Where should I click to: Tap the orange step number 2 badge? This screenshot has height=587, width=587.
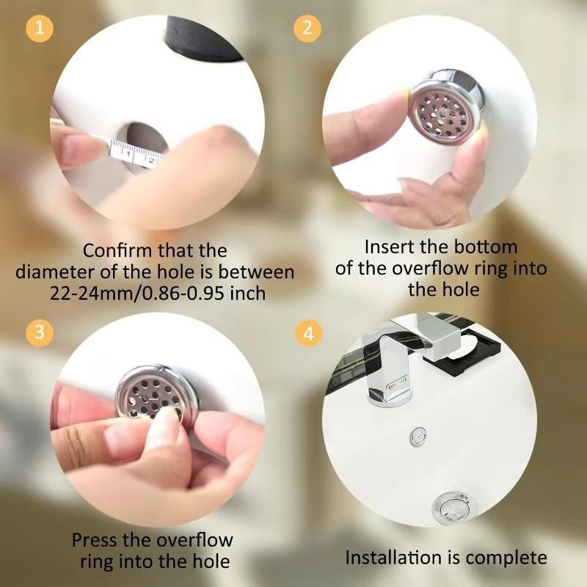(x=307, y=29)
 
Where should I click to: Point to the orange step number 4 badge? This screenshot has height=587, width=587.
(x=307, y=333)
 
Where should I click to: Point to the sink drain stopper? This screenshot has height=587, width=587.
(x=447, y=506)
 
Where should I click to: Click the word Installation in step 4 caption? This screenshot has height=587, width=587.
(x=390, y=558)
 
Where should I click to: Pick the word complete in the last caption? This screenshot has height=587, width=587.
(x=506, y=558)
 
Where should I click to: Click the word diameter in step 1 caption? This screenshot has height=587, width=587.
(x=57, y=272)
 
